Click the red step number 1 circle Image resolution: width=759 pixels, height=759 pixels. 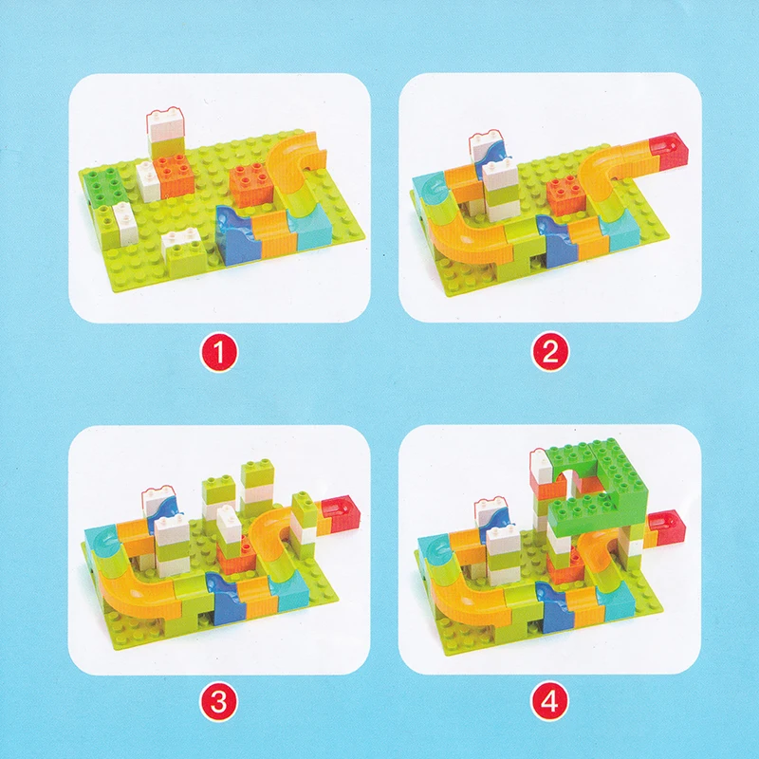pos(219,353)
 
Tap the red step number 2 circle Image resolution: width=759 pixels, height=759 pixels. pos(550,352)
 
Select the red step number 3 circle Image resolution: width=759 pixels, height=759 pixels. pos(219,701)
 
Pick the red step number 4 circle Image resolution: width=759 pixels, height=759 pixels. pos(550,701)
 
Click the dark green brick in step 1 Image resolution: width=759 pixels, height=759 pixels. pos(102,185)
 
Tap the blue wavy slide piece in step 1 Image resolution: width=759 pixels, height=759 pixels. pos(236,233)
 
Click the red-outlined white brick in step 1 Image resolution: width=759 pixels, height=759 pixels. pos(165,124)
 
